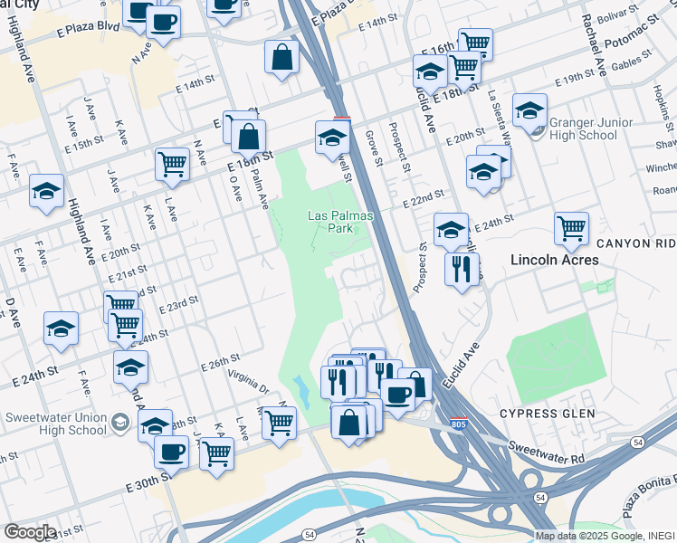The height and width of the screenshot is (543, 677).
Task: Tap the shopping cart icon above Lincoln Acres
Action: click(x=571, y=227)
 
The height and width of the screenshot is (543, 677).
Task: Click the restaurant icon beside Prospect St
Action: click(x=462, y=268)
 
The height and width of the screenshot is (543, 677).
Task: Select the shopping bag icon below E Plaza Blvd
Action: click(x=282, y=56)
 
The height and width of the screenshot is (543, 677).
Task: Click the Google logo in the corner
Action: click(x=29, y=532)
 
